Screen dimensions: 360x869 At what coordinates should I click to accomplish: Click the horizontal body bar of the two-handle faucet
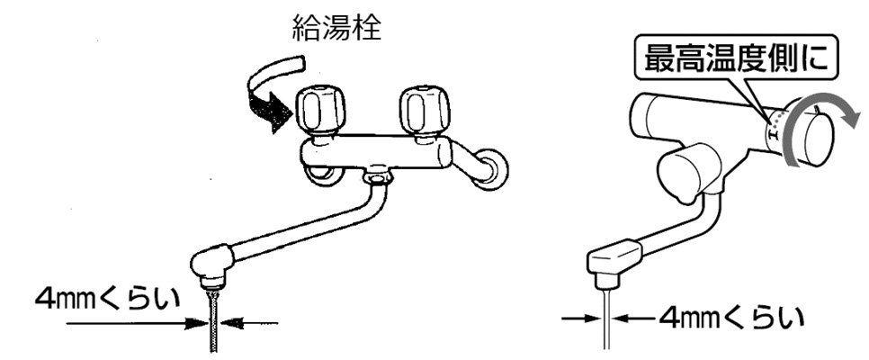[x=378, y=151]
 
